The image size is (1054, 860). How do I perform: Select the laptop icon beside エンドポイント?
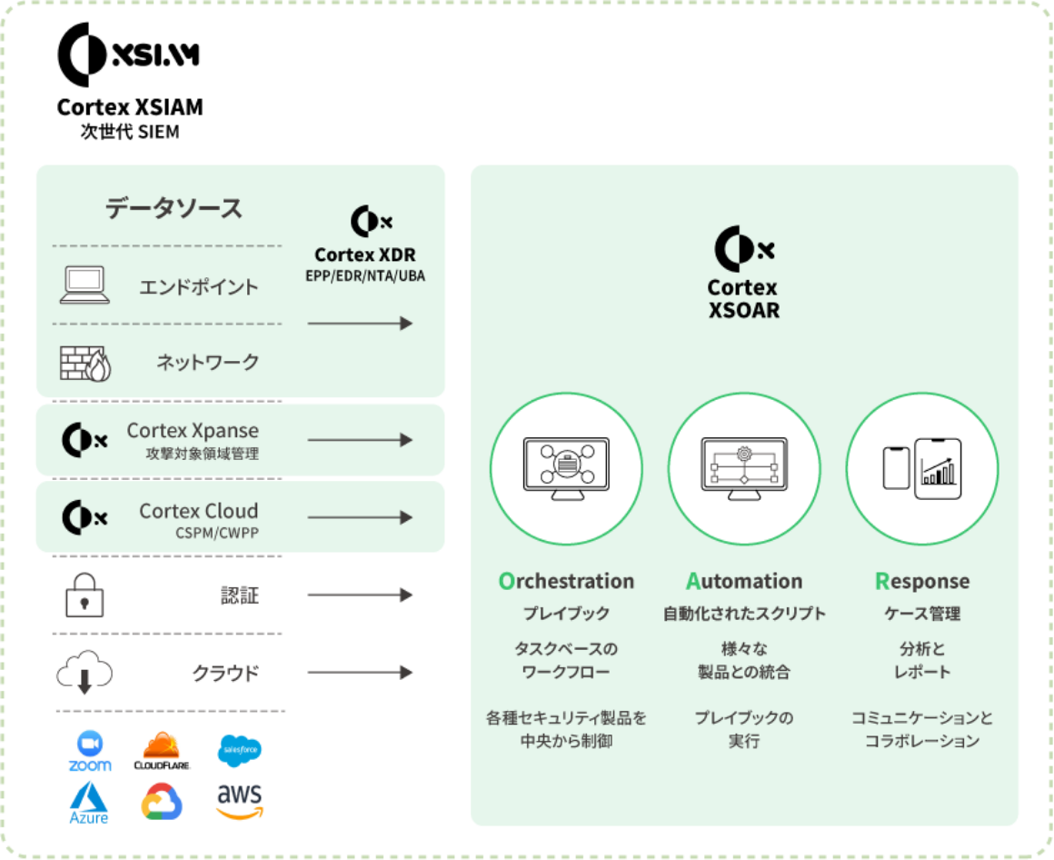pos(85,285)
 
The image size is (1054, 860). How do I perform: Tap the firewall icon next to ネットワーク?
pos(85,363)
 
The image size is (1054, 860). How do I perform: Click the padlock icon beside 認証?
pos(84,596)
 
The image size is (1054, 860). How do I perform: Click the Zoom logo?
pos(90,751)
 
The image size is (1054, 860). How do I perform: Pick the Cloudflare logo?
pos(162,752)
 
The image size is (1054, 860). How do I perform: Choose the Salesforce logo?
pos(240,750)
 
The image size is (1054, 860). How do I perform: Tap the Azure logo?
pos(89,803)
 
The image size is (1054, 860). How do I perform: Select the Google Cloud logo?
pos(162,802)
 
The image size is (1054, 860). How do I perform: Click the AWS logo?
pos(240,801)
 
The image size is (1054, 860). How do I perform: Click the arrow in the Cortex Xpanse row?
pos(360,440)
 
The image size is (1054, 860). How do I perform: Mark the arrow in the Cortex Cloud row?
pos(360,517)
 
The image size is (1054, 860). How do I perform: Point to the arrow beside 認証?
pos(360,595)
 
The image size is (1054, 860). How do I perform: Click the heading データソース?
pos(174,208)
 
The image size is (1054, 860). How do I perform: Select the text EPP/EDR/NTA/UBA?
pos(365,275)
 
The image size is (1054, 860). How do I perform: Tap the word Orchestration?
pos(566,581)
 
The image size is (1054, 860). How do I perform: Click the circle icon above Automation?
pos(744,469)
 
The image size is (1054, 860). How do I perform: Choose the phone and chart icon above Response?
pos(922,469)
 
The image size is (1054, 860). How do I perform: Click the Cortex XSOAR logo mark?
pos(743,248)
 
